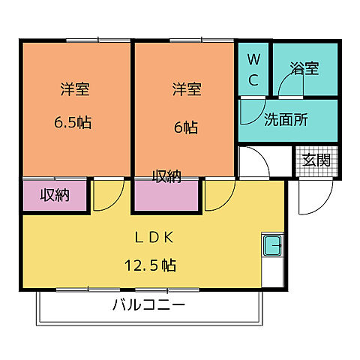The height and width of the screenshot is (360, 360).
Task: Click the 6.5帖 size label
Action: tap(73, 123)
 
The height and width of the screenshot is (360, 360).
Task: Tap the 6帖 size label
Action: tap(187, 127)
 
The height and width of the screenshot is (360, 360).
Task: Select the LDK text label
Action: tap(153, 238)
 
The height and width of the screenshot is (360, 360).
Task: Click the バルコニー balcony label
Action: tap(148, 305)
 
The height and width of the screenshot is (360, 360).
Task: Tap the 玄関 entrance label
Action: tap(316, 160)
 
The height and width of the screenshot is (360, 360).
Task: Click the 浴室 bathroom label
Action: tap(306, 69)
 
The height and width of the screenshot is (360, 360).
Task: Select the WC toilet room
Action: tap(253, 69)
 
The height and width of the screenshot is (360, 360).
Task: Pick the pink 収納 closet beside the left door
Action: tap(55, 196)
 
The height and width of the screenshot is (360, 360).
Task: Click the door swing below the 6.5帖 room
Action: tap(108, 196)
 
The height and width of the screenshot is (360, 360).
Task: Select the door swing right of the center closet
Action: tap(218, 196)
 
